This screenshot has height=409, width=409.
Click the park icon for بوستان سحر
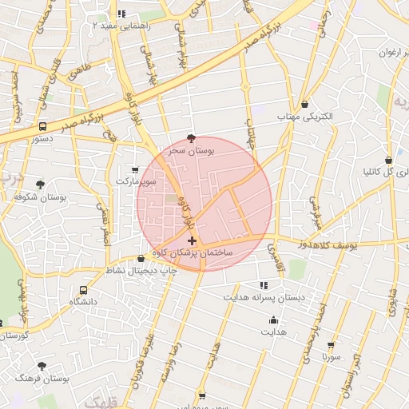pos(190,137)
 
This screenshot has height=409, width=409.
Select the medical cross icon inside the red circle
pos(192,240)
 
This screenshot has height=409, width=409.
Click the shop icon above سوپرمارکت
pos(134,169)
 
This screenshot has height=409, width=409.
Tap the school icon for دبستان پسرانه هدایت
pos(263,285)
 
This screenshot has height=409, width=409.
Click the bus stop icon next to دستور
pos(42,126)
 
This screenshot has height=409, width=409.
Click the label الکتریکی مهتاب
pos(304,117)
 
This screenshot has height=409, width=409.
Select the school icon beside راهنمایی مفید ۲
pos(121,14)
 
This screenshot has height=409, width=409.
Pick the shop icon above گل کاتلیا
pos(388,159)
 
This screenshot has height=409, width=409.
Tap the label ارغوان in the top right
pos(381,54)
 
